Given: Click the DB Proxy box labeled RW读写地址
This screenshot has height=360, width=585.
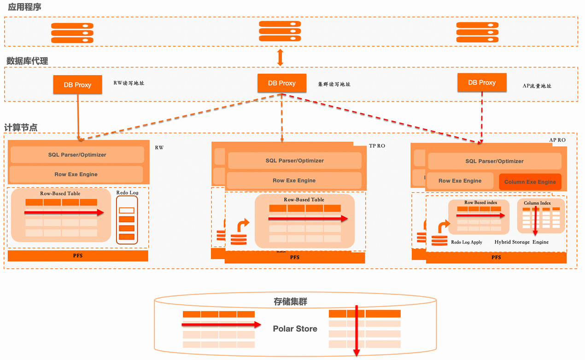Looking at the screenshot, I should pyautogui.click(x=77, y=85).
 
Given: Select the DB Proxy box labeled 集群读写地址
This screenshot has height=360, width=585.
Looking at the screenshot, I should pyautogui.click(x=282, y=83).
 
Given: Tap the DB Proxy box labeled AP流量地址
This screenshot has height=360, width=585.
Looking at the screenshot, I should pyautogui.click(x=482, y=83).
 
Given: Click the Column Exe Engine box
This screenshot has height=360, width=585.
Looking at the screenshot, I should pyautogui.click(x=530, y=182).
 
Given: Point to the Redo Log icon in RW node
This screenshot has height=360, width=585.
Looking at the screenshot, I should pyautogui.click(x=127, y=220).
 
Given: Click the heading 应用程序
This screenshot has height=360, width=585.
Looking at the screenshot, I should pyautogui.click(x=24, y=7).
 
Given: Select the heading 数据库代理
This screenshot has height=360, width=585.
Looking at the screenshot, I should pyautogui.click(x=27, y=61).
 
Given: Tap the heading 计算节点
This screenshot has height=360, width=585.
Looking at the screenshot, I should pyautogui.click(x=21, y=128).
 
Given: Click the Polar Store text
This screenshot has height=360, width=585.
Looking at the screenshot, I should pyautogui.click(x=295, y=329).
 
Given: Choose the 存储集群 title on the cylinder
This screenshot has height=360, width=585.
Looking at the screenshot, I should pyautogui.click(x=290, y=302).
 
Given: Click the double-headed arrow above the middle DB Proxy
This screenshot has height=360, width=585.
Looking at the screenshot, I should pyautogui.click(x=280, y=58).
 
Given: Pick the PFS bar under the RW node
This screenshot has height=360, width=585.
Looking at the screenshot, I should pyautogui.click(x=78, y=255).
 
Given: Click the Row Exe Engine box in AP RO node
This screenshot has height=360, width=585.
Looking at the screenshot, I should pyautogui.click(x=460, y=181).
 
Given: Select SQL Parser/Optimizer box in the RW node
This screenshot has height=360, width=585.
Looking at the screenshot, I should pyautogui.click(x=77, y=155).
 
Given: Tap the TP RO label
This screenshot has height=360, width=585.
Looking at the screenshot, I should pyautogui.click(x=377, y=146).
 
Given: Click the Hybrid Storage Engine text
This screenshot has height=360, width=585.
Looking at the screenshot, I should pyautogui.click(x=521, y=242).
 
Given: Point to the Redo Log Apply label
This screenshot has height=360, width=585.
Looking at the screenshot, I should pyautogui.click(x=466, y=242).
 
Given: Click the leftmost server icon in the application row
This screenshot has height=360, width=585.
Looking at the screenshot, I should pyautogui.click(x=72, y=33).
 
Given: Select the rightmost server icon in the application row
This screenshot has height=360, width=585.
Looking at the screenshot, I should pyautogui.click(x=477, y=32).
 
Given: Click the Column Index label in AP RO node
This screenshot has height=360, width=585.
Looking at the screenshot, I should pyautogui.click(x=537, y=203).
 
